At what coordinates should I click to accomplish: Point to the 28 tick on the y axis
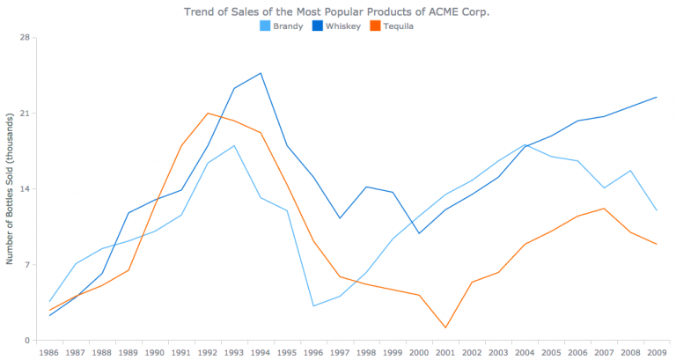point(25,38)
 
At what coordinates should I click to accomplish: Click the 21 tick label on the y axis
point(25,114)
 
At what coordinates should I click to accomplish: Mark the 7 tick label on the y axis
point(27,265)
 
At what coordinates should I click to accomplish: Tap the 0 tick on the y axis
point(27,341)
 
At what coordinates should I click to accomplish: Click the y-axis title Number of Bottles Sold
point(10,189)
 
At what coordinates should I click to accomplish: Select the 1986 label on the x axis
point(49,352)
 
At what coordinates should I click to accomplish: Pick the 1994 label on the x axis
point(261,352)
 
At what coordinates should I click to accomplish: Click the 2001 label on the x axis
point(445,352)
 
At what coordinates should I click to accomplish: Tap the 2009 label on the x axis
point(656,352)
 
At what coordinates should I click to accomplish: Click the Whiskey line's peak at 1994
point(261,73)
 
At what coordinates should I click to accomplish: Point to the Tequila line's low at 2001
point(445,327)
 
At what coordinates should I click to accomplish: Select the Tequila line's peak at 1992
point(208,114)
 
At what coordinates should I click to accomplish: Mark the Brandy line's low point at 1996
point(313,305)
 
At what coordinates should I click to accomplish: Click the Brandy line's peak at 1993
point(234,145)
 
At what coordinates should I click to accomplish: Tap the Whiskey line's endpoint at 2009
point(656,97)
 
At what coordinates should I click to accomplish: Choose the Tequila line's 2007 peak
point(603,209)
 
